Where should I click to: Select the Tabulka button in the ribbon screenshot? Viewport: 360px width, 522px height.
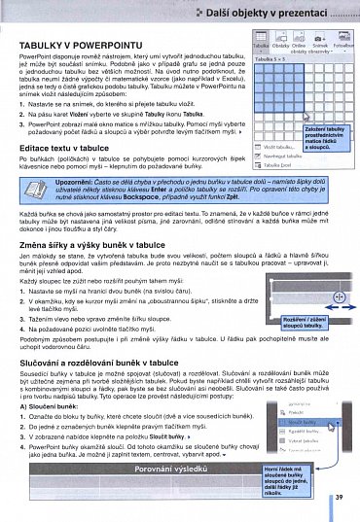261,48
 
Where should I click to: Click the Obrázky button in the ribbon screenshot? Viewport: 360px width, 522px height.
280,48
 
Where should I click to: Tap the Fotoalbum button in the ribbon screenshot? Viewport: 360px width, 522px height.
342,48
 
